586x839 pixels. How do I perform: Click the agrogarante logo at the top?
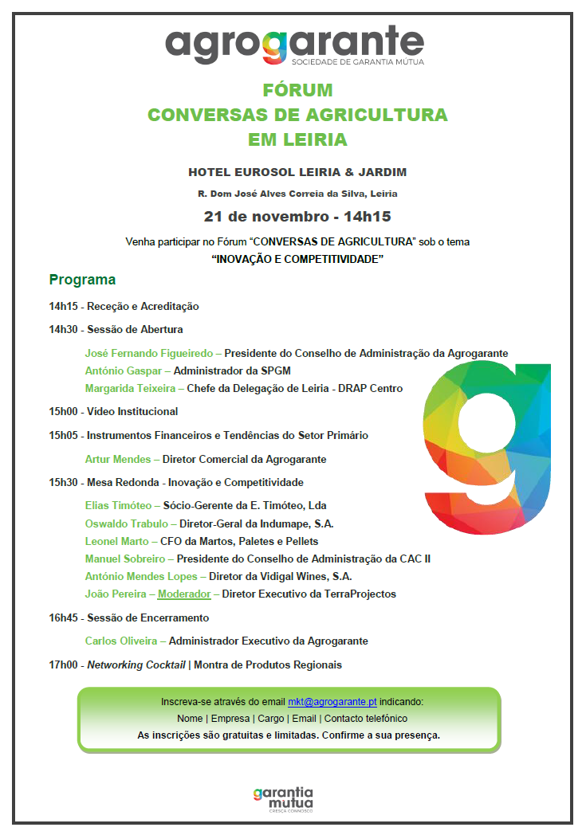(294, 45)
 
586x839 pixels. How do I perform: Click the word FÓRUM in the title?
(297, 90)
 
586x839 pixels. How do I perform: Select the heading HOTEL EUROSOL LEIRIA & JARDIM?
(297, 172)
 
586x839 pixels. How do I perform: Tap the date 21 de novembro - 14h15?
(297, 216)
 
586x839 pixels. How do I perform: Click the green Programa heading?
(82, 280)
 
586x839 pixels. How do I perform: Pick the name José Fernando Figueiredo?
(149, 353)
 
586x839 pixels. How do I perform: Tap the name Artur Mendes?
(119, 459)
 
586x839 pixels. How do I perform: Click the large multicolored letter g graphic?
(488, 446)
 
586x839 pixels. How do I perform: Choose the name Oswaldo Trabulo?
(126, 523)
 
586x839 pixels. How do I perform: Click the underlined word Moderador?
(184, 594)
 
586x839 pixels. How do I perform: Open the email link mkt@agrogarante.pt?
(332, 702)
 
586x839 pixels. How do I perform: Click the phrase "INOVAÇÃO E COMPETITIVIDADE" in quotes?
(297, 260)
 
